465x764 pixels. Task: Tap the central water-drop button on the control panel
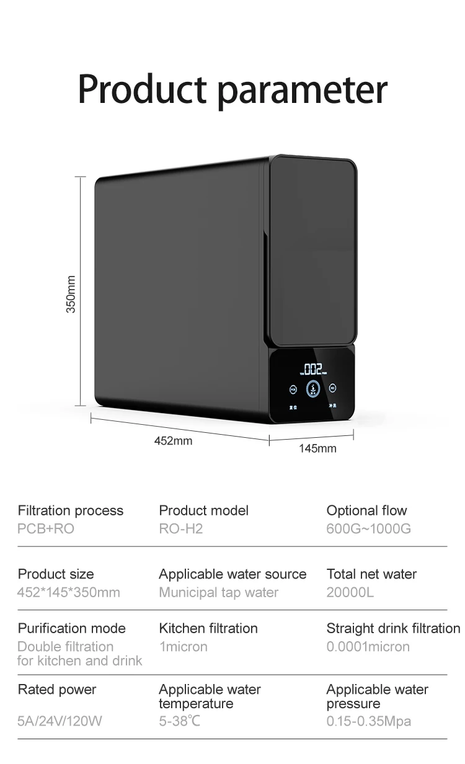pyautogui.click(x=313, y=389)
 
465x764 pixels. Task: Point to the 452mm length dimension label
pyautogui.click(x=173, y=441)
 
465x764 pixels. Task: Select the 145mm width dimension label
pyautogui.click(x=317, y=448)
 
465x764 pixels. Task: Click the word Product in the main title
pyautogui.click(x=145, y=90)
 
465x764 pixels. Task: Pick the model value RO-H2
pyautogui.click(x=181, y=529)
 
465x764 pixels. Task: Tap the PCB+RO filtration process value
pyautogui.click(x=46, y=529)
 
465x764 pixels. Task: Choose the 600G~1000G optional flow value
pyautogui.click(x=368, y=529)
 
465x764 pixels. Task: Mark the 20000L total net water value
pyautogui.click(x=350, y=592)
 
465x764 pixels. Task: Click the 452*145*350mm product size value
pyautogui.click(x=69, y=592)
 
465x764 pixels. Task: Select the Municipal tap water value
pyautogui.click(x=219, y=592)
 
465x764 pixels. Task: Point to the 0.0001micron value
pyautogui.click(x=368, y=647)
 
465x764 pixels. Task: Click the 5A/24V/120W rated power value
pyautogui.click(x=60, y=721)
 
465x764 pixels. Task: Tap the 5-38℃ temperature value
pyautogui.click(x=180, y=721)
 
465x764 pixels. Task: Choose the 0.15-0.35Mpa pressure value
pyautogui.click(x=369, y=721)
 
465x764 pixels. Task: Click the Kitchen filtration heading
pyautogui.click(x=208, y=628)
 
